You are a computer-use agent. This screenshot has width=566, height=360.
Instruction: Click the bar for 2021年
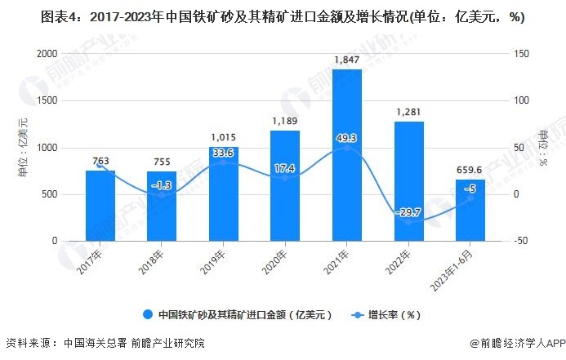(346, 155)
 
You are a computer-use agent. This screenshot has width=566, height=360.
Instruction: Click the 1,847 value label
(346, 60)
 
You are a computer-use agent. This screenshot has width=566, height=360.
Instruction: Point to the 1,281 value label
(408, 113)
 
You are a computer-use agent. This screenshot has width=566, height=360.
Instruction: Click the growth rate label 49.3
(346, 139)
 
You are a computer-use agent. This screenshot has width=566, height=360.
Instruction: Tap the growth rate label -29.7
(408, 212)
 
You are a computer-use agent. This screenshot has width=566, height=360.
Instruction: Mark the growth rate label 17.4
(285, 167)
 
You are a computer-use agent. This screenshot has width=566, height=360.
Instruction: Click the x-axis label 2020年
(280, 260)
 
